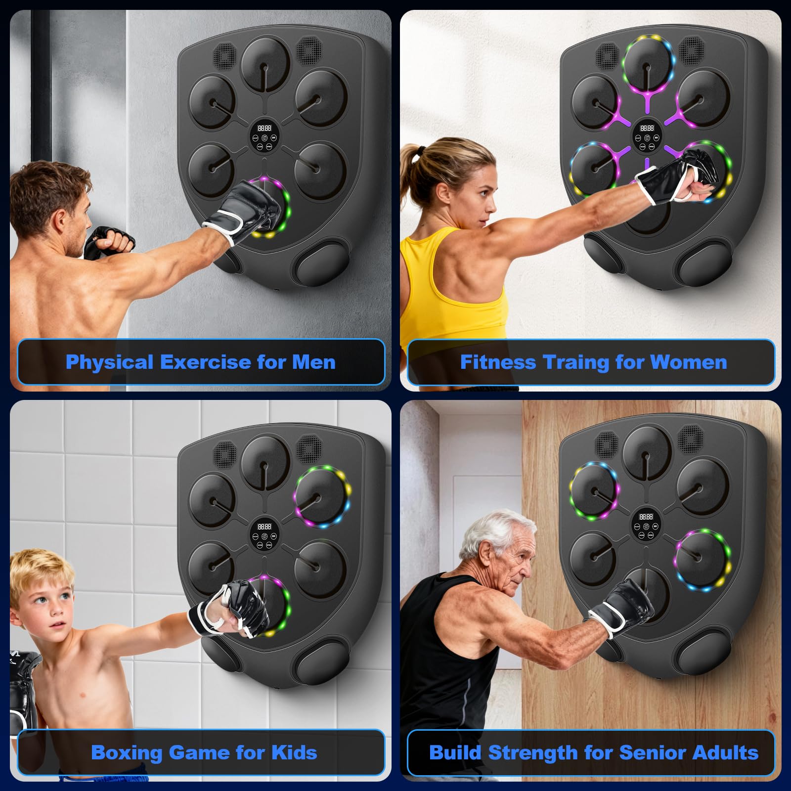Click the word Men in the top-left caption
click(x=313, y=362)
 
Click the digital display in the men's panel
click(x=264, y=128)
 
